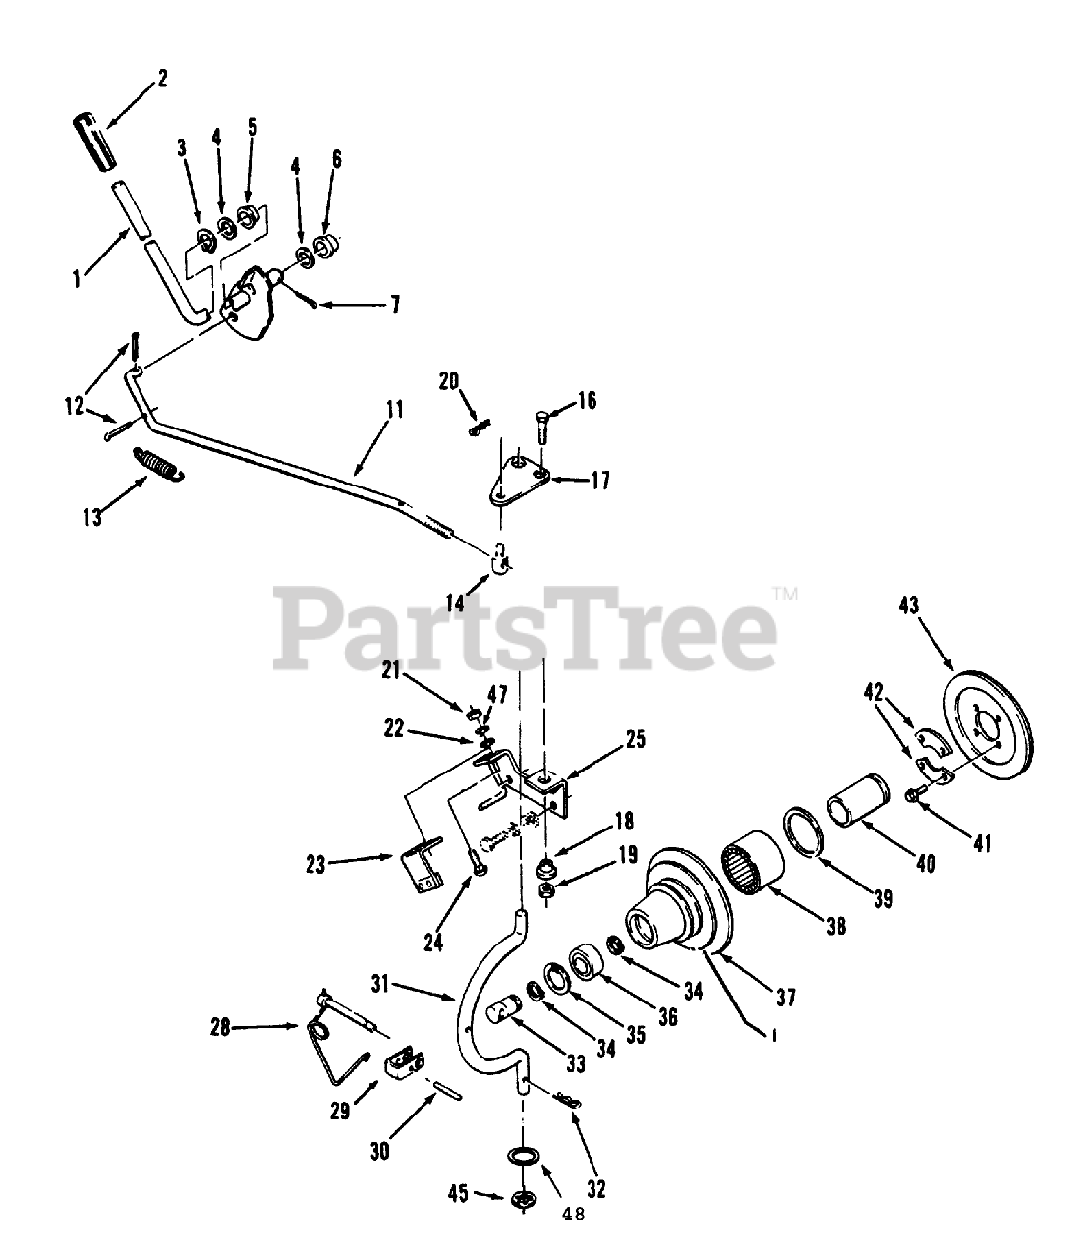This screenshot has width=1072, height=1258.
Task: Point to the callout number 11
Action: click(394, 411)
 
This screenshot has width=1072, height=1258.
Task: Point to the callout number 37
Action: click(784, 999)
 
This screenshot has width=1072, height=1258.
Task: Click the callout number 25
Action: click(635, 739)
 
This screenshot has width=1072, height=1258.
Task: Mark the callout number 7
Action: click(393, 304)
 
